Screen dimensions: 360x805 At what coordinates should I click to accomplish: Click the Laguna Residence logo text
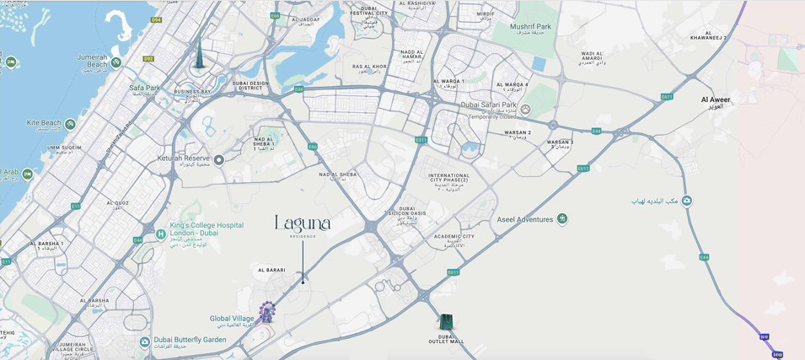pyautogui.click(x=303, y=224)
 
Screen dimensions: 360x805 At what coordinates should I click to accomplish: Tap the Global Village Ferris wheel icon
pyautogui.click(x=266, y=313)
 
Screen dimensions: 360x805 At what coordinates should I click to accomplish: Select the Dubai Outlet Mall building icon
pyautogui.click(x=446, y=322)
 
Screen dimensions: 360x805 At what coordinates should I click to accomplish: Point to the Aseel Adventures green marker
pyautogui.click(x=562, y=219)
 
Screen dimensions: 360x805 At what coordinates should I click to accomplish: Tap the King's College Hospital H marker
pyautogui.click(x=161, y=234)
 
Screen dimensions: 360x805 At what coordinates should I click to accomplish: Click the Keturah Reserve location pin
pyautogui.click(x=218, y=159)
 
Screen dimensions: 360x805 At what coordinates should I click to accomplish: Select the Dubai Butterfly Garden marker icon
pyautogui.click(x=145, y=342)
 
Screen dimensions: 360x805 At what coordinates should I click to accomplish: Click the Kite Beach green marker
pyautogui.click(x=70, y=124)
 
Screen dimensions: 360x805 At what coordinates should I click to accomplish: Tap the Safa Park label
pyautogui.click(x=144, y=88)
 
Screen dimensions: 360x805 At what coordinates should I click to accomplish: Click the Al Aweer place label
pyautogui.click(x=716, y=99)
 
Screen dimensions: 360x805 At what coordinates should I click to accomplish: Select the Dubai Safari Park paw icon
pyautogui.click(x=526, y=109)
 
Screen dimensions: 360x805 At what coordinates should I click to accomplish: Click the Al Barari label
pyautogui.click(x=271, y=271)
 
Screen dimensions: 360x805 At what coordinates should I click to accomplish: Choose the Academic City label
pyautogui.click(x=454, y=237)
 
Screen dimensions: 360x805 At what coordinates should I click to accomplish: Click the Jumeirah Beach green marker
pyautogui.click(x=116, y=62)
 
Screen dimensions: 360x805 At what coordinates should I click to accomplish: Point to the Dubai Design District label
pyautogui.click(x=250, y=85)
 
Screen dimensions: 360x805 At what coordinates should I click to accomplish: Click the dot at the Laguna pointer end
pyautogui.click(x=303, y=282)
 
